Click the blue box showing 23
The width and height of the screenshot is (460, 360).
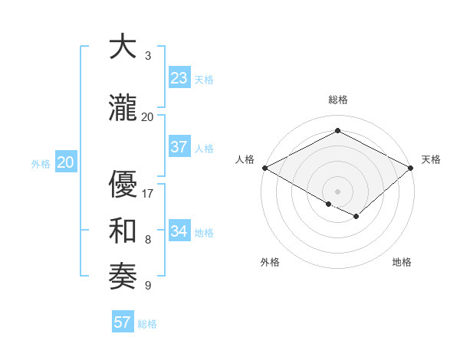179,78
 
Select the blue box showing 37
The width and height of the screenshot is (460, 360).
179,147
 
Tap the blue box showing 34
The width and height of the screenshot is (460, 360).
179,231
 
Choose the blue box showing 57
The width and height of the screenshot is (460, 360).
123,322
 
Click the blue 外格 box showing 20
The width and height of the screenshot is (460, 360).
66,162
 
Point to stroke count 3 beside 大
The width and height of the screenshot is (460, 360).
148,56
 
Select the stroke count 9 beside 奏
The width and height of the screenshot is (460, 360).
148,286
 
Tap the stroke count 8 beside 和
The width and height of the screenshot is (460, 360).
148,240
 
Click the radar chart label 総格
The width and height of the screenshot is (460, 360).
337,100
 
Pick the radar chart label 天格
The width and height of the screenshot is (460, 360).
431,159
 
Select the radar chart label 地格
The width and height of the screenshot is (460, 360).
402,262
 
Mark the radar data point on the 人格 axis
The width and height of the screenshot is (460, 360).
264,168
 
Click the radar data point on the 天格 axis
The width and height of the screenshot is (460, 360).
411,168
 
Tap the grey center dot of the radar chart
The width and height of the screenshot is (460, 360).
337,191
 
